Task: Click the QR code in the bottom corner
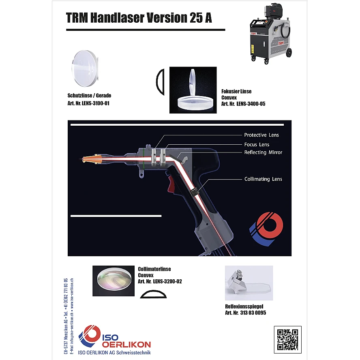coord(288,340)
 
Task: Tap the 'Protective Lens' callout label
coord(261,135)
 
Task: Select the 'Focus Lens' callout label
coord(257,144)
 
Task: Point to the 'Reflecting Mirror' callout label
coord(263,152)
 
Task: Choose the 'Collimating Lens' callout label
coord(263,179)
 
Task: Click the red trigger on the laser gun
coord(171,184)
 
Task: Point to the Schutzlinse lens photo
coord(85,69)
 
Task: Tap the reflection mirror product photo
coord(249,283)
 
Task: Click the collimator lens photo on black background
coord(114,281)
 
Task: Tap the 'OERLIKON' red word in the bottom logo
coord(126,345)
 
